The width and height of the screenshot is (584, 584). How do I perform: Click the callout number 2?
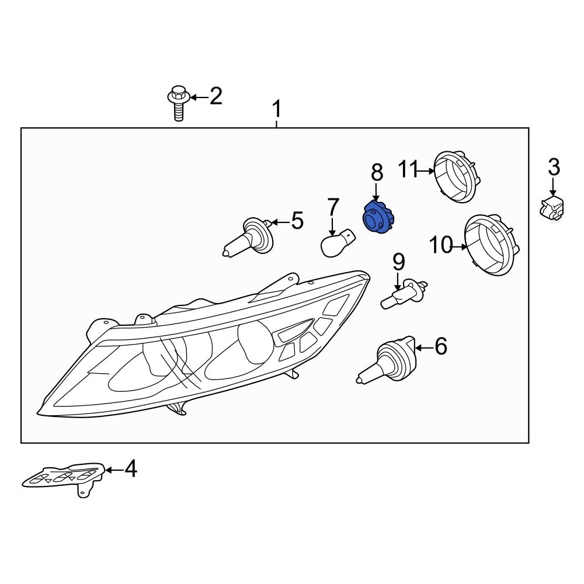[216, 96]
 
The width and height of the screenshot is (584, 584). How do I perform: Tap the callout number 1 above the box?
[277, 109]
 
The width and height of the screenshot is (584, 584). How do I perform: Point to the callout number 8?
[377, 172]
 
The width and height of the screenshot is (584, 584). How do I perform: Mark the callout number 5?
[297, 221]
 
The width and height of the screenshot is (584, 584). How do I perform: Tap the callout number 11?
[409, 169]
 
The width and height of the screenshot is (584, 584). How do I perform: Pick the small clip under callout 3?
[552, 208]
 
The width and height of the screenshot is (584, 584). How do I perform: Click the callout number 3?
[554, 167]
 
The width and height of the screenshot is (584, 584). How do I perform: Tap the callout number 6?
[440, 347]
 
